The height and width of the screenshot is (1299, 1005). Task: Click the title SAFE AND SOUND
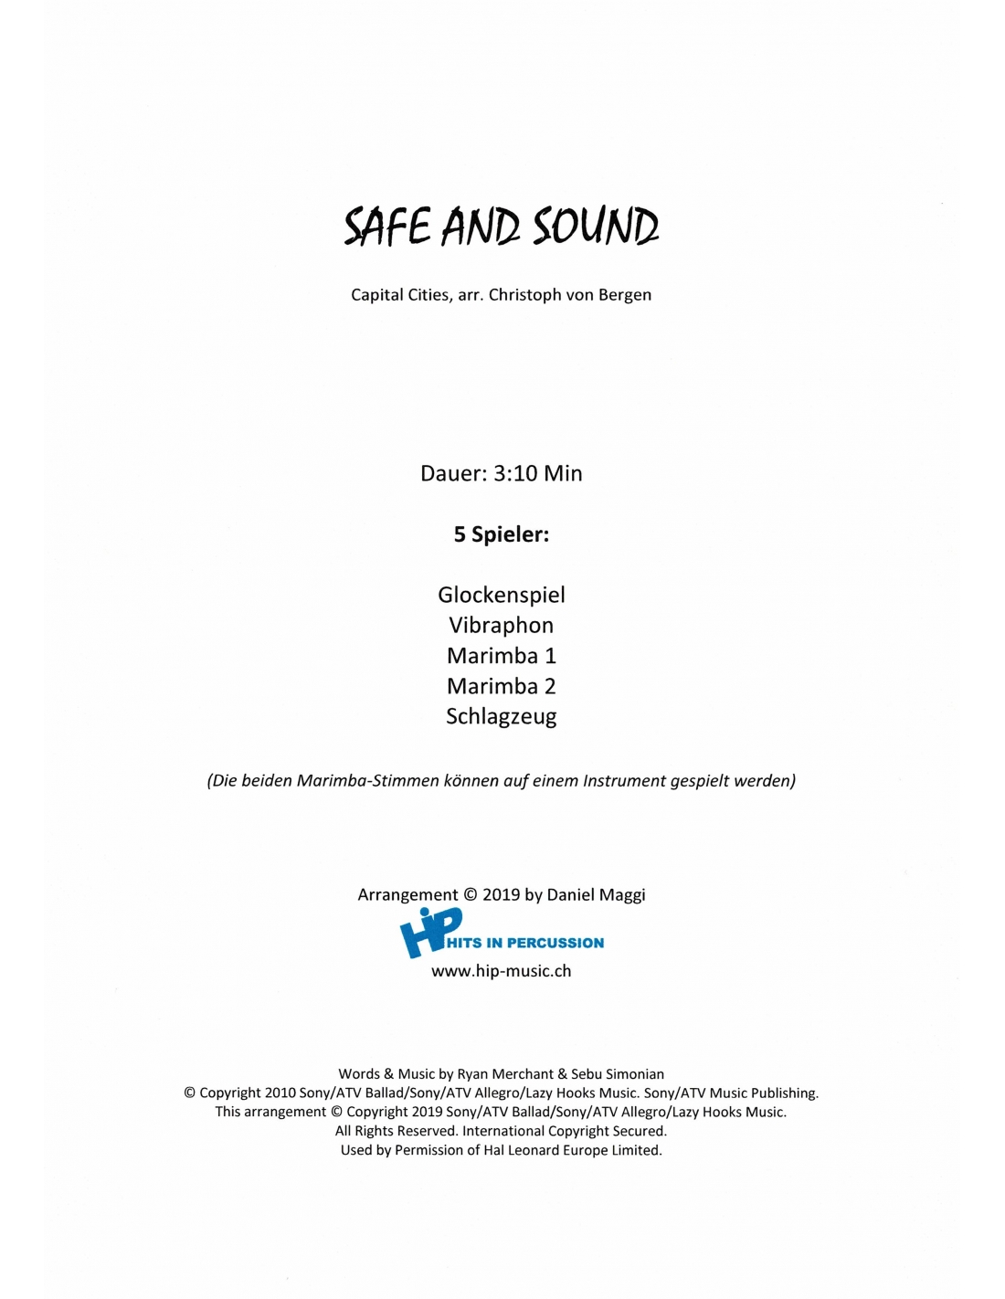click(x=501, y=227)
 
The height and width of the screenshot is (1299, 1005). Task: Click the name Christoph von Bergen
click(x=570, y=295)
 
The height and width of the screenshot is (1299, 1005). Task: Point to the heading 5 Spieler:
click(x=501, y=534)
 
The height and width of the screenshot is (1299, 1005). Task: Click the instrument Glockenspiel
click(x=501, y=595)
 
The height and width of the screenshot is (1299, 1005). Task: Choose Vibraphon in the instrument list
click(x=501, y=626)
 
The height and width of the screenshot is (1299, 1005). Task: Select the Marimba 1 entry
click(x=501, y=656)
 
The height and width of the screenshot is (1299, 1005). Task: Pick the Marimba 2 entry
click(x=501, y=686)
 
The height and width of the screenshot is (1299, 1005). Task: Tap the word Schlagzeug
click(x=501, y=717)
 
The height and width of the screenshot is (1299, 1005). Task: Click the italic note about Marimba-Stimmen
click(x=501, y=781)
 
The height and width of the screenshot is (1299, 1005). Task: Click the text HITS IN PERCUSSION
click(x=525, y=943)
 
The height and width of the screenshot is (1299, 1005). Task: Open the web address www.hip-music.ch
click(x=501, y=971)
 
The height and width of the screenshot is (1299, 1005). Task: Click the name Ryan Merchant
click(x=505, y=1074)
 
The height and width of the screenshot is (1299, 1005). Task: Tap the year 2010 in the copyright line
click(x=280, y=1093)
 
